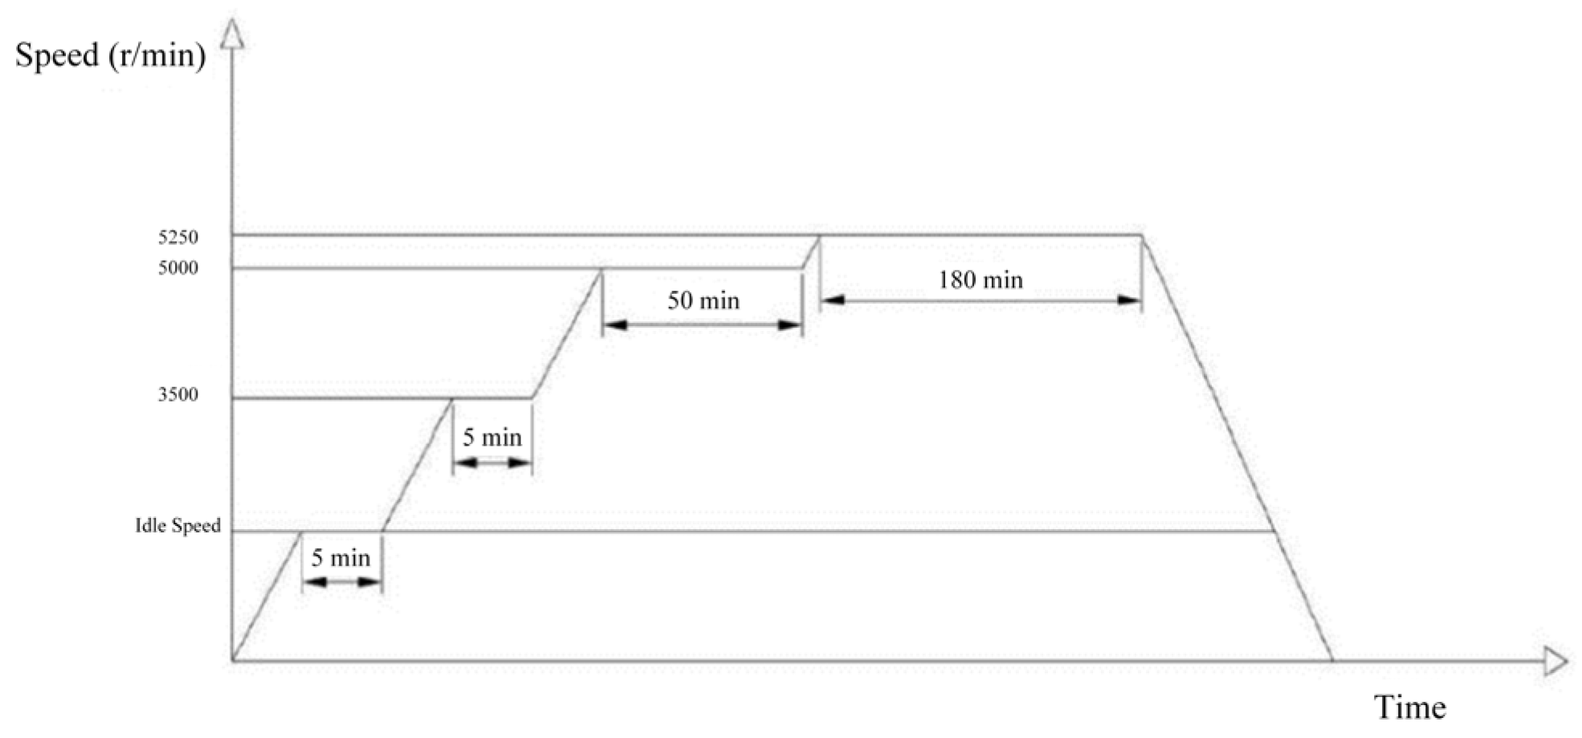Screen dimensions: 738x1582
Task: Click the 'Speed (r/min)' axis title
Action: [110, 55]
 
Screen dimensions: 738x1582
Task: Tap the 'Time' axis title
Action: [1410, 707]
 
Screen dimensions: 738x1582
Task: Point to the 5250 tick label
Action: [178, 238]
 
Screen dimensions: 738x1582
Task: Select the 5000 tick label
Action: [178, 268]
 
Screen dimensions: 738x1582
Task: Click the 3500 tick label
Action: [178, 395]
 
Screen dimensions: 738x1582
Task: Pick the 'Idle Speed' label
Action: [177, 526]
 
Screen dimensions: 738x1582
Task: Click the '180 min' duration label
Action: [981, 280]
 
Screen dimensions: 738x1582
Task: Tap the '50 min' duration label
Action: [703, 301]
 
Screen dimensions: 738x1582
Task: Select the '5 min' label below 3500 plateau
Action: [492, 438]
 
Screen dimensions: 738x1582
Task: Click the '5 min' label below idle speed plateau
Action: [341, 558]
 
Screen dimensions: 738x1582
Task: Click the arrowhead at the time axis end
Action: [1555, 662]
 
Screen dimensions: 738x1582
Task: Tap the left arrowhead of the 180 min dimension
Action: [832, 301]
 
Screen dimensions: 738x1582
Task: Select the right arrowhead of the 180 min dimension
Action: [1130, 301]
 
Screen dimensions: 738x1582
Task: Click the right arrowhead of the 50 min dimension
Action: [791, 325]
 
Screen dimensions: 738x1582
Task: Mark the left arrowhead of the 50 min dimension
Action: [614, 325]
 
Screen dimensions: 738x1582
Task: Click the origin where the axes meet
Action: [233, 661]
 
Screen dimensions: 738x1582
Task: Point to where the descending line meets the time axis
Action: [1333, 661]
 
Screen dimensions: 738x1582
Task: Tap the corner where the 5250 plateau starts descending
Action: [1142, 235]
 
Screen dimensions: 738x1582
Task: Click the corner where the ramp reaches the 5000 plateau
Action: [601, 269]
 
